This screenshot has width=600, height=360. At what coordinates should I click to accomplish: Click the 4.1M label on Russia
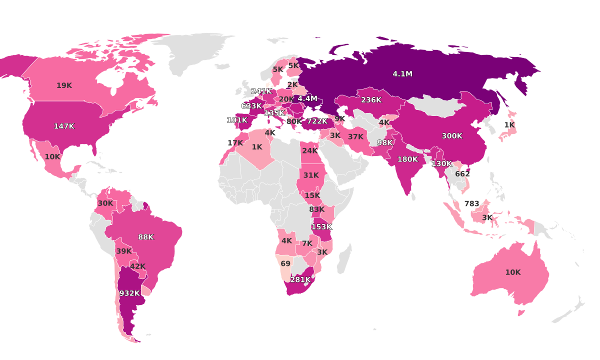402,74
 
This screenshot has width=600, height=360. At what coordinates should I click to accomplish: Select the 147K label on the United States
64,126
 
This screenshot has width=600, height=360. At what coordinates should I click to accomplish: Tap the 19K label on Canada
64,85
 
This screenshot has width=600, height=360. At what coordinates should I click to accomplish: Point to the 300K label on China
452,136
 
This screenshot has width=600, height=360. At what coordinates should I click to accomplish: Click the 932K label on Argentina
129,293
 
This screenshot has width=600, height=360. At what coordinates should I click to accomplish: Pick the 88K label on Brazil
146,237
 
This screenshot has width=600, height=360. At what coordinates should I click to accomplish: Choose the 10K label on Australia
512,272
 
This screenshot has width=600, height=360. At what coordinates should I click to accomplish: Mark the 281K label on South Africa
300,279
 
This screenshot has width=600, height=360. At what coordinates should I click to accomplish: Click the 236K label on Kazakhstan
371,100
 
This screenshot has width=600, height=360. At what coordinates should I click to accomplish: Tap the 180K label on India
407,159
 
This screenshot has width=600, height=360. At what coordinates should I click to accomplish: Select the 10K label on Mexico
52,156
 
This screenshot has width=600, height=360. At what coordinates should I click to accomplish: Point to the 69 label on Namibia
285,263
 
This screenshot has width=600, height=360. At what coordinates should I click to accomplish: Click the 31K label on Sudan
311,175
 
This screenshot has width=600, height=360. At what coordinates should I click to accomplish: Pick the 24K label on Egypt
309,150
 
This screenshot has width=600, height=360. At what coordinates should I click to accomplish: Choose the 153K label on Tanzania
321,226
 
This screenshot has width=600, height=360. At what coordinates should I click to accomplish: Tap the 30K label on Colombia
105,203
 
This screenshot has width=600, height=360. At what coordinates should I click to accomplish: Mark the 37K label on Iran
355,137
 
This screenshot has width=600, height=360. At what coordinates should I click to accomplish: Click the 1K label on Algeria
257,147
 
